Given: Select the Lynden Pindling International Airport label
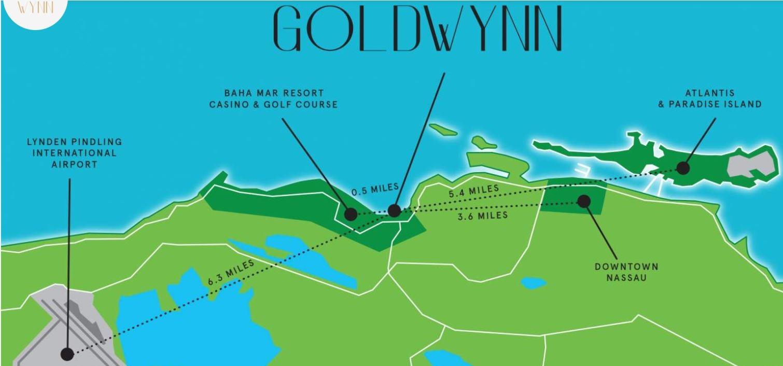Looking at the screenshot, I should (x=74, y=153).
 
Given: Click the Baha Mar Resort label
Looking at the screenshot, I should (x=273, y=98).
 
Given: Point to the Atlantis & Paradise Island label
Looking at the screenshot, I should (x=710, y=98).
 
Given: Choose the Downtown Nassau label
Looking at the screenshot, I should (x=626, y=272).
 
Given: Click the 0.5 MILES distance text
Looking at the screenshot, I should (x=375, y=189).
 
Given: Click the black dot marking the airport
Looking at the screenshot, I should (x=67, y=354).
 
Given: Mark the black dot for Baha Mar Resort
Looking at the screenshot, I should (x=351, y=214).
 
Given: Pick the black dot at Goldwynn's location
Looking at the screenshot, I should (x=394, y=210).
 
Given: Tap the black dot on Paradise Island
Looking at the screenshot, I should (x=683, y=168).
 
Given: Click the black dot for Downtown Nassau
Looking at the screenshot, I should (x=584, y=201).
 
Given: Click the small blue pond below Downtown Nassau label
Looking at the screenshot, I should (x=533, y=283).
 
